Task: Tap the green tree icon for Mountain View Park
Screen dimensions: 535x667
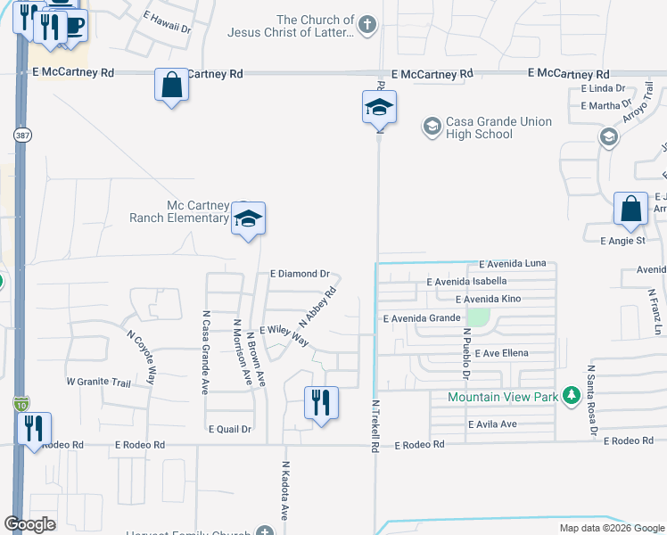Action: pos(571,397)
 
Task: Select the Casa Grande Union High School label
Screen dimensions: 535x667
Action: pos(487,128)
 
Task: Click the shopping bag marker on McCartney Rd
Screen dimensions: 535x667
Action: pos(171,86)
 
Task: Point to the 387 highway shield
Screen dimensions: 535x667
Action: pos(22,134)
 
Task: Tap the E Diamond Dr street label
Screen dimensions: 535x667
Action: pos(300,274)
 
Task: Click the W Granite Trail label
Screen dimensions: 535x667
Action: pos(98,383)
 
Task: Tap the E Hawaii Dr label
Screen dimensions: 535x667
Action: pos(167,29)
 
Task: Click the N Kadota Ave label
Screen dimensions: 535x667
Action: pos(285,490)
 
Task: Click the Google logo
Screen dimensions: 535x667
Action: pos(30,524)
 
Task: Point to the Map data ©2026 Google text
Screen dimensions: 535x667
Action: pos(611,528)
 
